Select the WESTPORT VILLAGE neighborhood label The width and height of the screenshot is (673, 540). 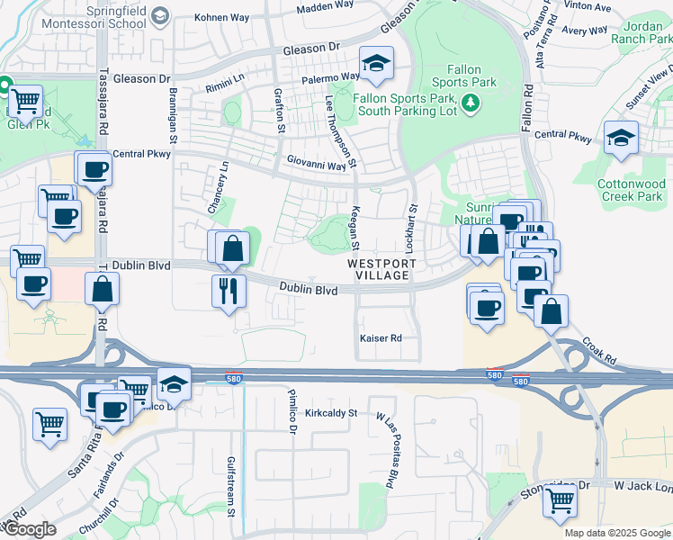pos(382,270)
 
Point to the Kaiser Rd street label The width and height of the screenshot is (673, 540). pos(380,338)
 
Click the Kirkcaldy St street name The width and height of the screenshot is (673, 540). pos(331,413)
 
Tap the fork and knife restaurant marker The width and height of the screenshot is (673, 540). pos(229,290)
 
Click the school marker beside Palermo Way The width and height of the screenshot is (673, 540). pos(375,64)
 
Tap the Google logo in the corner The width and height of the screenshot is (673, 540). pos(29,529)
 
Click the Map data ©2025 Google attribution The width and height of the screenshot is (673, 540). pos(617,533)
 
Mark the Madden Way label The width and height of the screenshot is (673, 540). pos(325,7)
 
